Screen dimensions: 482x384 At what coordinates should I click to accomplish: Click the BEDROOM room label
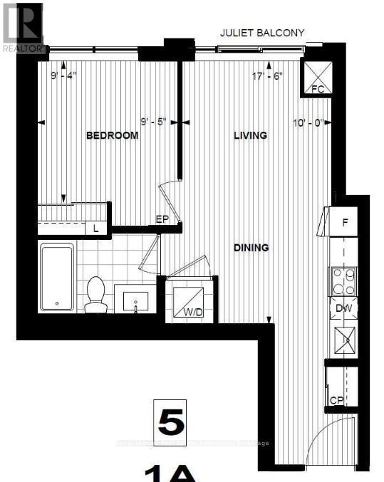[112, 136]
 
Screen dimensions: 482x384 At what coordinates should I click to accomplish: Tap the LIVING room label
[250, 135]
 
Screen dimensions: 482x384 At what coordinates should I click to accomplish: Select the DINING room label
[251, 248]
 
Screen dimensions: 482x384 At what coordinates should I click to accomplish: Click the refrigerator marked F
[345, 222]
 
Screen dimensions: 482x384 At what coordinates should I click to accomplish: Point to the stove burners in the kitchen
[343, 281]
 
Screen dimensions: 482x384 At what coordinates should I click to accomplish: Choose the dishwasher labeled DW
[344, 308]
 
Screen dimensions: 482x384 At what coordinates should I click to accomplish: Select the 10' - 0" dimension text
[307, 122]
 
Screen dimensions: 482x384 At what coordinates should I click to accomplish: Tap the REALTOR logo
[21, 26]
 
